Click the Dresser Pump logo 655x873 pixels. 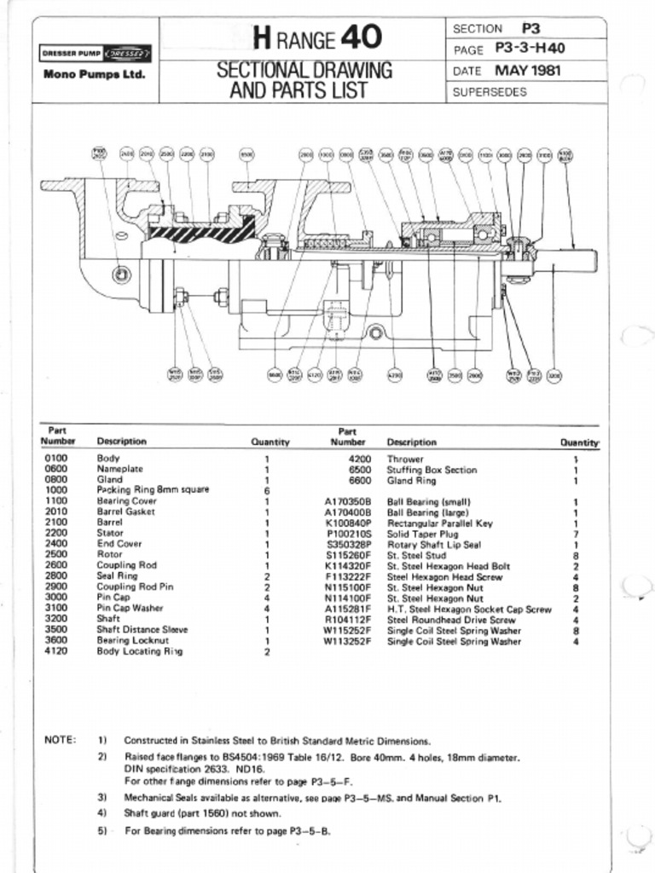pyautogui.click(x=96, y=54)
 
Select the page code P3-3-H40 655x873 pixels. pyautogui.click(x=530, y=49)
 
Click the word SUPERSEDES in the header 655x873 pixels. pyautogui.click(x=490, y=92)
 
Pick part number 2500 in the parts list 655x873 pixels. pyautogui.click(x=56, y=554)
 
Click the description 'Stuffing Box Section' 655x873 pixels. pyautogui.click(x=432, y=470)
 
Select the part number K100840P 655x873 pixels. pyautogui.click(x=348, y=523)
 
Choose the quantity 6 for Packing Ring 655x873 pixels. pyautogui.click(x=267, y=491)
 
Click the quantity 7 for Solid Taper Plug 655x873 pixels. pyautogui.click(x=577, y=534)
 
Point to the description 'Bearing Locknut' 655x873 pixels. pyautogui.click(x=132, y=640)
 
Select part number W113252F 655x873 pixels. pyautogui.click(x=348, y=642)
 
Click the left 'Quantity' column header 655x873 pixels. pyautogui.click(x=270, y=442)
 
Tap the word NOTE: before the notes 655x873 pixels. pyautogui.click(x=60, y=740)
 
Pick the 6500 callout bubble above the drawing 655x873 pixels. pyautogui.click(x=246, y=153)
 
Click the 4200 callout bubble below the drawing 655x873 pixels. pyautogui.click(x=395, y=374)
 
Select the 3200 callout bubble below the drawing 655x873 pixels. pyautogui.click(x=554, y=374)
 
